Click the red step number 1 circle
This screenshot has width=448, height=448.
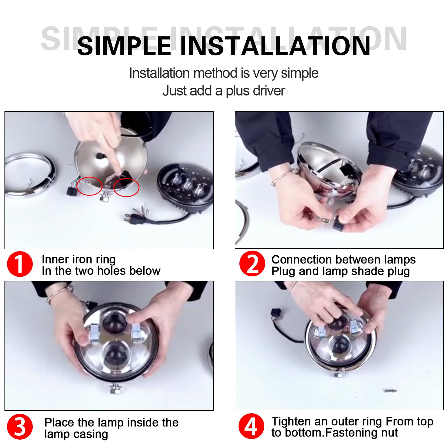(20, 264)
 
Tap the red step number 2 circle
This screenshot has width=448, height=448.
(252, 264)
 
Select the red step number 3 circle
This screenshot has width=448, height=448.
(20, 427)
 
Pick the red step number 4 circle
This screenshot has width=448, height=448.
(251, 426)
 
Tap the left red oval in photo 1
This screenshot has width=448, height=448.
(89, 186)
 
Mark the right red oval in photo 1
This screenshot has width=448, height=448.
(126, 187)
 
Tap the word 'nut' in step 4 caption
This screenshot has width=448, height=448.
(388, 433)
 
